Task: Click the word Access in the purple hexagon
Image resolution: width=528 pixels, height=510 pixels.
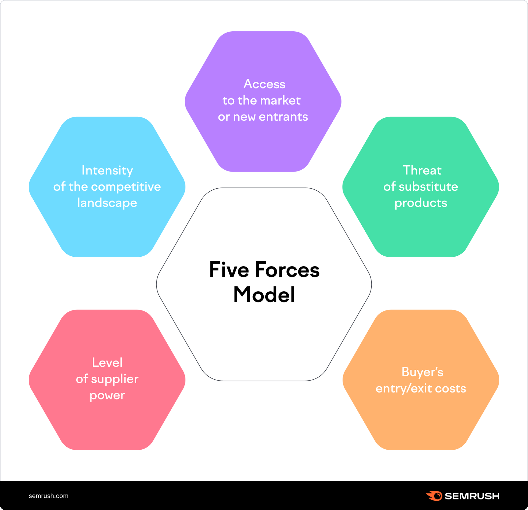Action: click(x=264, y=84)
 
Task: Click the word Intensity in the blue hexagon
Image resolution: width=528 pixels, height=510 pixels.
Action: click(x=107, y=171)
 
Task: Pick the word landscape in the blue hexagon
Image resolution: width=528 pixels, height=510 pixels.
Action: click(x=107, y=203)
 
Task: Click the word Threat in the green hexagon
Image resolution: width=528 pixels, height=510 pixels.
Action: click(x=422, y=171)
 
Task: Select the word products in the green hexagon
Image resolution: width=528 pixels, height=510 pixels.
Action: click(x=421, y=203)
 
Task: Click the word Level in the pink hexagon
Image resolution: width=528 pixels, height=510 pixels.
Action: click(x=107, y=363)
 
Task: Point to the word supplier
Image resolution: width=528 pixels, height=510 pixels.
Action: click(x=115, y=379)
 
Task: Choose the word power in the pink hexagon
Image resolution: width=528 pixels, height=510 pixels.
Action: click(x=107, y=396)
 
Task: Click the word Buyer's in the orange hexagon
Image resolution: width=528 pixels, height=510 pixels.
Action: click(x=422, y=372)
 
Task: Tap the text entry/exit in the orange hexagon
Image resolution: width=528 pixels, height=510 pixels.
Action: click(x=404, y=389)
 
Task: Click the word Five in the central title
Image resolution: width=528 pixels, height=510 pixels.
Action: click(x=229, y=270)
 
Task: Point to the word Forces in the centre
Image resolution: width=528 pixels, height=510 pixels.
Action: click(x=287, y=270)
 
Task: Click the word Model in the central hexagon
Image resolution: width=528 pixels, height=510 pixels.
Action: click(x=264, y=295)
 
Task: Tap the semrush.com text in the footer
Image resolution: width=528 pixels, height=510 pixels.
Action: click(x=49, y=496)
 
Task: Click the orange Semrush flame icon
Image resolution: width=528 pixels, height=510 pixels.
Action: click(x=434, y=496)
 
